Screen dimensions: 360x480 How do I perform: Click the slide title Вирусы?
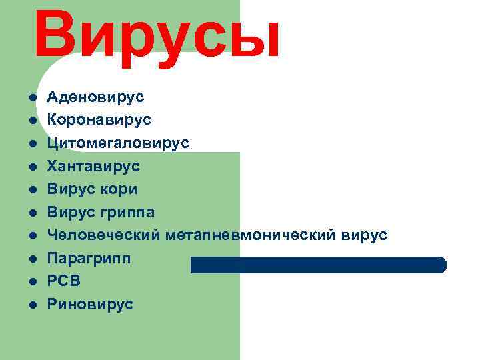coord(157,35)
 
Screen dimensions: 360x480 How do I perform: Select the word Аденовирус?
coord(95,97)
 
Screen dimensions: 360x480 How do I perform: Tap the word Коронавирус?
coord(99,120)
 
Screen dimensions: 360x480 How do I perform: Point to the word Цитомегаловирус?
coord(118,143)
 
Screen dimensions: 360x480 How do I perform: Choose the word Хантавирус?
coord(93,166)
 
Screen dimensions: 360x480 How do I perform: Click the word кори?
coord(119,189)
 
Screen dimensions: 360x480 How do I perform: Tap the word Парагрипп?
coord(89,259)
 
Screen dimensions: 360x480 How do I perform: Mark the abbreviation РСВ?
coord(64,281)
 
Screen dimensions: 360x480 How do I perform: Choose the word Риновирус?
coord(90,305)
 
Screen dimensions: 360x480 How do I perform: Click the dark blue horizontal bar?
coord(319,265)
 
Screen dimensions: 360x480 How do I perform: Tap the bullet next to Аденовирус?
coord(31,98)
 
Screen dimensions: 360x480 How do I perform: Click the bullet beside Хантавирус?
coord(31,167)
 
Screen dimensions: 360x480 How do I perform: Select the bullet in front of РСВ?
coord(31,282)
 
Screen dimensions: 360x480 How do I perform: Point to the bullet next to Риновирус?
coord(31,305)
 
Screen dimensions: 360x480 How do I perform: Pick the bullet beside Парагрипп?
coord(31,259)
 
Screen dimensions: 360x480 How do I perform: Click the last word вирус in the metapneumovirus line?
coord(363,235)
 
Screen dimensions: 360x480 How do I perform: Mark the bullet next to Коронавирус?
coord(31,121)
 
